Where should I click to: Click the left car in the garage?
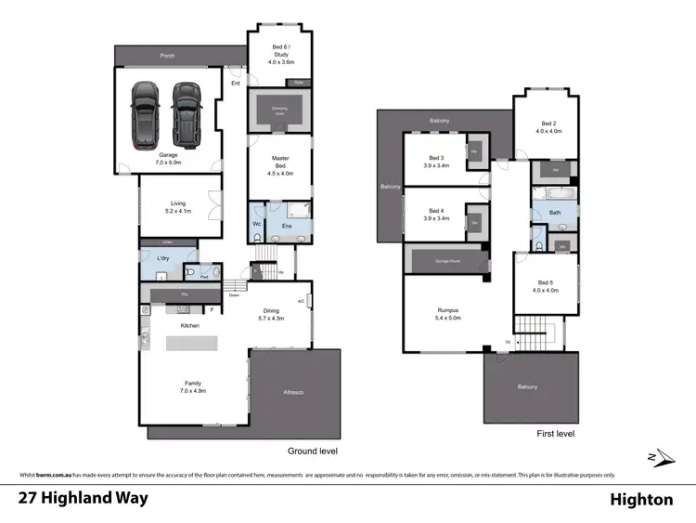(146, 115)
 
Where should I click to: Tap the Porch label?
(168, 56)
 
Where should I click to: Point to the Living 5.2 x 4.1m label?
(178, 207)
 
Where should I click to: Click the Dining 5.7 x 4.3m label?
(271, 316)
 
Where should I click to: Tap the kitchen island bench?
(194, 343)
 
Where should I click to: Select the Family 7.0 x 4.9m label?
(194, 386)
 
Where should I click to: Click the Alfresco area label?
(293, 393)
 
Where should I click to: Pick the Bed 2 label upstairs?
(548, 127)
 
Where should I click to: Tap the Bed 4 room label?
(437, 214)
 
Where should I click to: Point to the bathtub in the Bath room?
(554, 195)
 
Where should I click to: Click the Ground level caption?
(312, 451)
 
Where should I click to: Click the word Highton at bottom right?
(641, 500)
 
